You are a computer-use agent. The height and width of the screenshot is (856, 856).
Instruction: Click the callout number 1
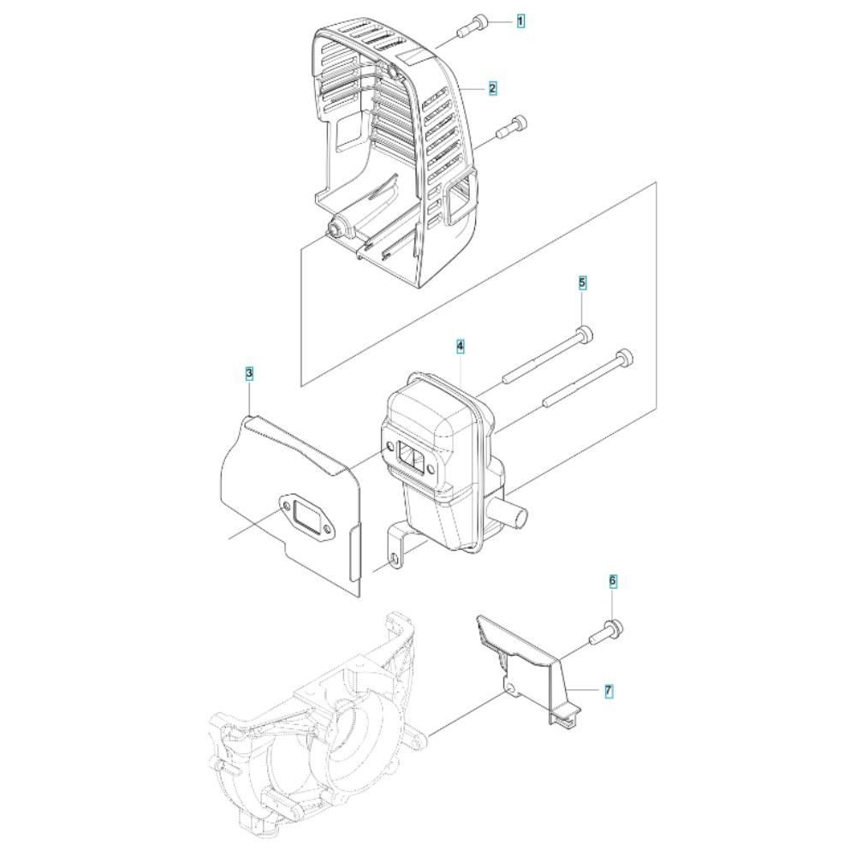point(520,22)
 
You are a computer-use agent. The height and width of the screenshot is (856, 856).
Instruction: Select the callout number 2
point(492,88)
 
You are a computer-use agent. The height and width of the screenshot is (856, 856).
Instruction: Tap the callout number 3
point(249,374)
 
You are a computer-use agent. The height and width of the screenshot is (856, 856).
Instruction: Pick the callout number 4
point(461,346)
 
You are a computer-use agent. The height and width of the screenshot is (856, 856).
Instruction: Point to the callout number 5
point(582,283)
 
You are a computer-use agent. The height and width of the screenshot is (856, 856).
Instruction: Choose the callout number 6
point(613,581)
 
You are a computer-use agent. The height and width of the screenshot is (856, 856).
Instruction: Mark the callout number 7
point(609,691)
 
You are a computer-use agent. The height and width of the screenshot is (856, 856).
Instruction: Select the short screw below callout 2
point(511,128)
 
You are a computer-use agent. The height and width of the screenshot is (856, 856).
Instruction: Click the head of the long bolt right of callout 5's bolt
point(625,357)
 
